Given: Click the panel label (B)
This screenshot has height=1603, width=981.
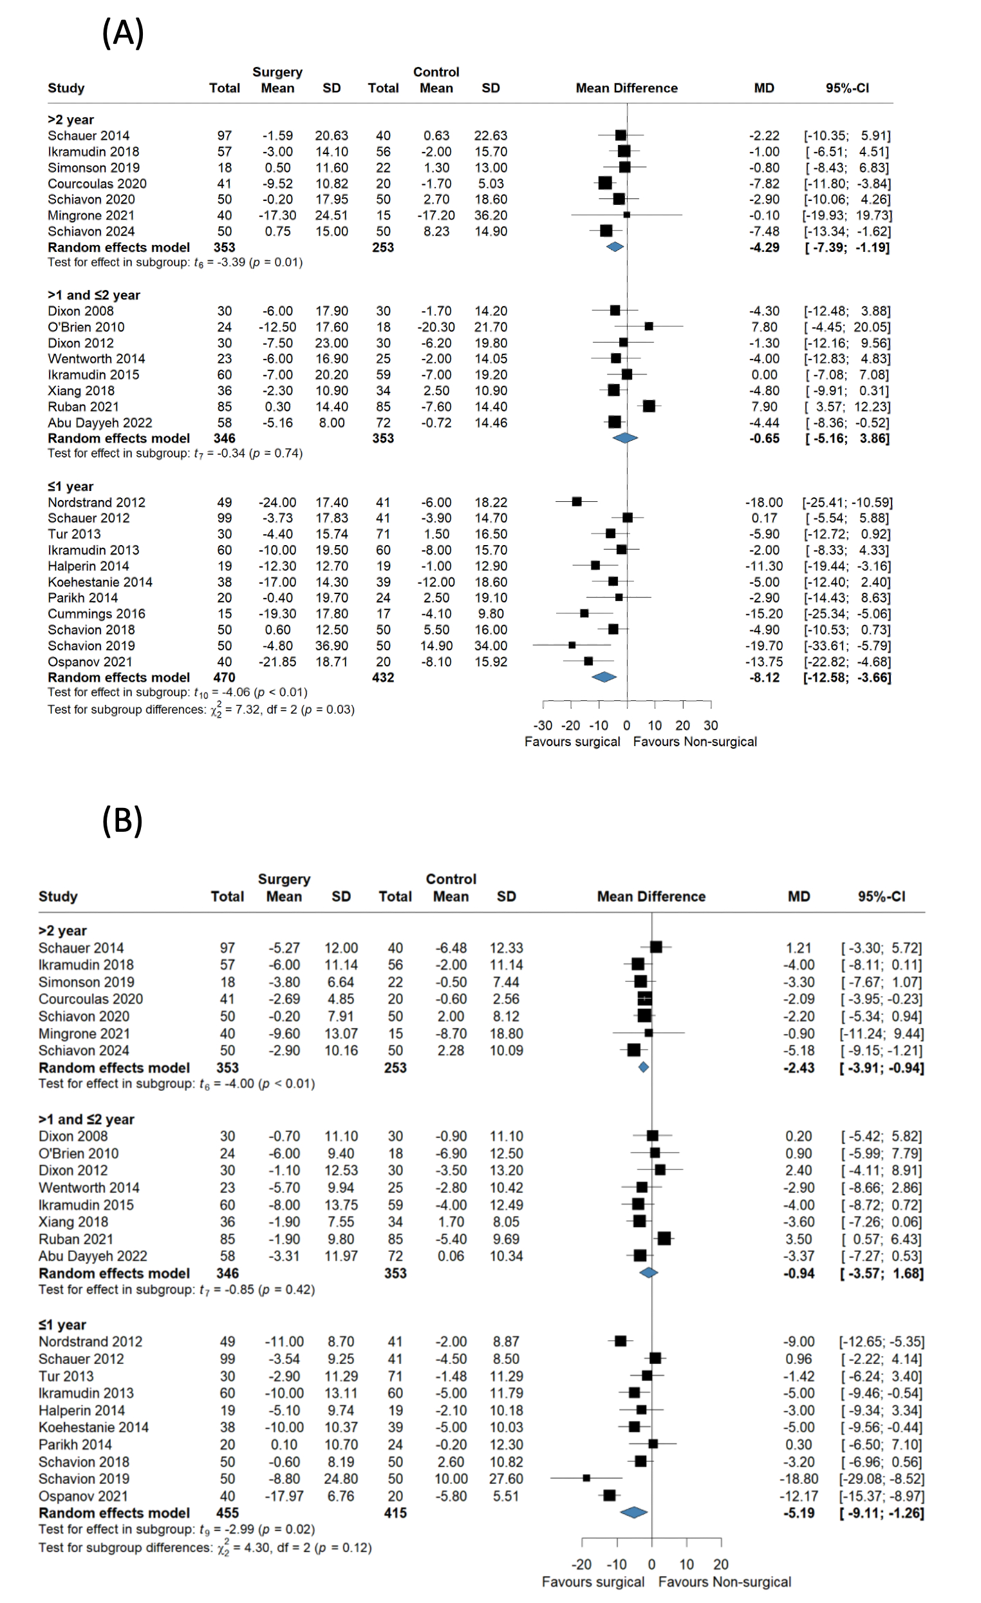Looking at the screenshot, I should tap(122, 820).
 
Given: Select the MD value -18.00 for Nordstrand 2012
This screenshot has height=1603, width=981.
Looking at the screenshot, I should tap(764, 503).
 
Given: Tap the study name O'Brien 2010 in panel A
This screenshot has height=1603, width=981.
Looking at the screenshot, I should tap(86, 327).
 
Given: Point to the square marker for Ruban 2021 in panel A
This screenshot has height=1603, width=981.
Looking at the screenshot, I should tap(649, 406).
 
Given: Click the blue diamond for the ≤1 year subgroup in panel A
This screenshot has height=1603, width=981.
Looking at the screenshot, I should tap(604, 677).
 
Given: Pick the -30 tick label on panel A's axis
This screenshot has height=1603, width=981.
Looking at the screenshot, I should tap(543, 725).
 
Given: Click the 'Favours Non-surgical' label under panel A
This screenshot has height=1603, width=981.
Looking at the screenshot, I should tap(695, 742).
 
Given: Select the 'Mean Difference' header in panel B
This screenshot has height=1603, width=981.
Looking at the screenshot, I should tap(651, 896).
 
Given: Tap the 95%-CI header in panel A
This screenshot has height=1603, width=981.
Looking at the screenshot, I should tap(847, 88).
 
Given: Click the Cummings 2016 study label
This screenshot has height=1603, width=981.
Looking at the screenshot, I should tap(96, 613).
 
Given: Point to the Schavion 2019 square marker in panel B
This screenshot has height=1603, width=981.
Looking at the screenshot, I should tap(586, 1478).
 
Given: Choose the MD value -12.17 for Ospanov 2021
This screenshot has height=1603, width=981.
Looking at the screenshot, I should tap(798, 1495).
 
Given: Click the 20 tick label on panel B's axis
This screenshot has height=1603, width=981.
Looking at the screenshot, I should tap(720, 1564).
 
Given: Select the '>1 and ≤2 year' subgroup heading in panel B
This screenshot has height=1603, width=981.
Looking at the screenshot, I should tap(86, 1119).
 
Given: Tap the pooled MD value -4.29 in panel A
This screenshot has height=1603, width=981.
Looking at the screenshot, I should tap(764, 247).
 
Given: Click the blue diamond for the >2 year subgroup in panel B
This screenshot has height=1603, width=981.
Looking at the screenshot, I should tap(644, 1067).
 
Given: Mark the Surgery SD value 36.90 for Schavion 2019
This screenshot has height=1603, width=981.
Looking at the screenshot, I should tap(332, 646).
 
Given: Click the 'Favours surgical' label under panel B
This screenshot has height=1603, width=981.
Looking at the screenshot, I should tap(593, 1582).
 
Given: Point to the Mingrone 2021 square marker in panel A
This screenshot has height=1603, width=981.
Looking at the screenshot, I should tap(627, 215).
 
